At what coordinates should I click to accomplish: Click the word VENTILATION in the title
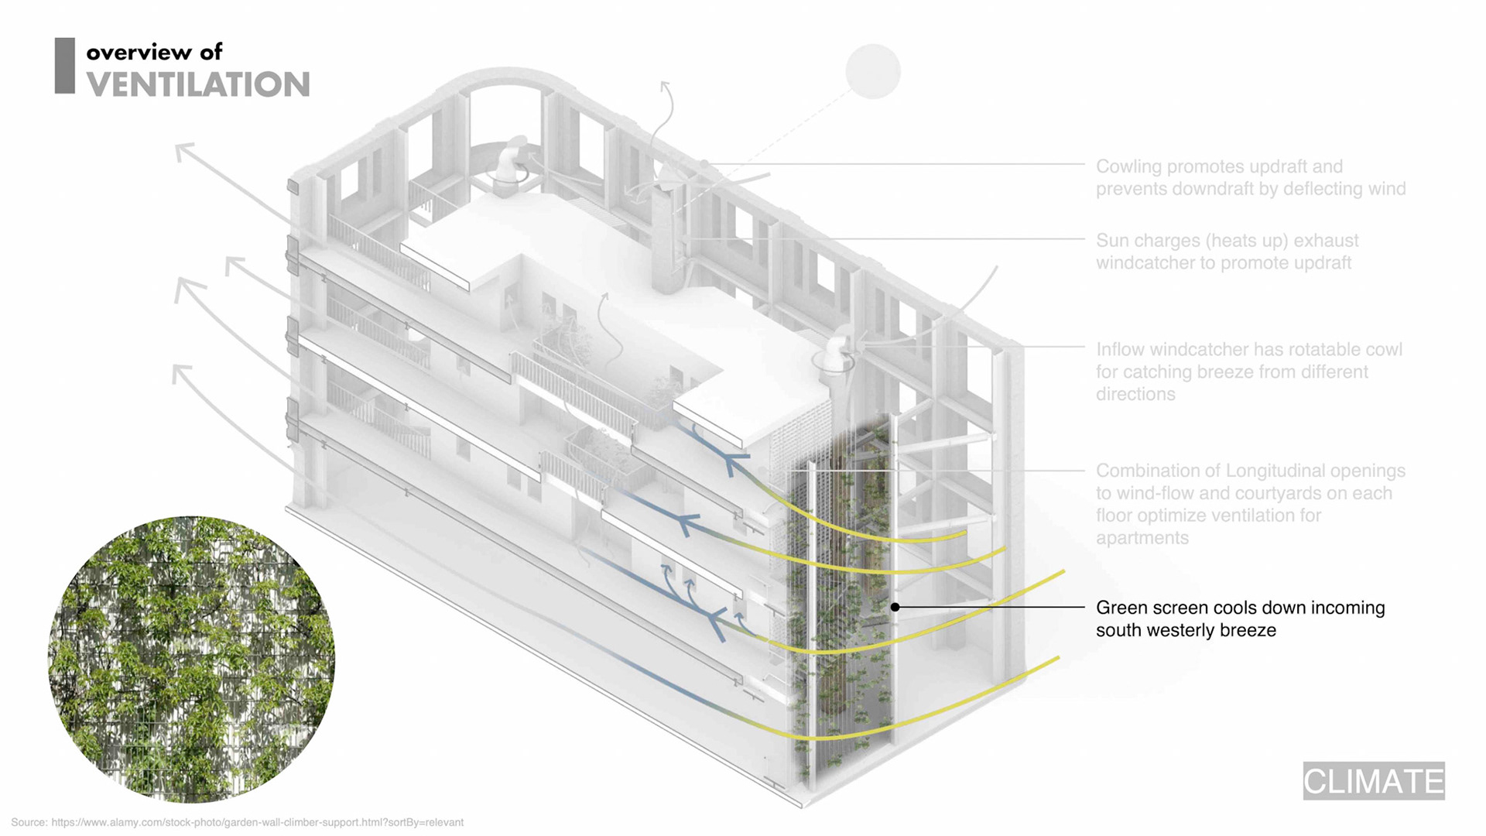(x=198, y=85)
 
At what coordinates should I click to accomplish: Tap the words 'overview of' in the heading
(x=154, y=52)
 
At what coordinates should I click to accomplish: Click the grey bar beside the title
(x=65, y=66)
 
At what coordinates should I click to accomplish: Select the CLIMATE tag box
(x=1374, y=780)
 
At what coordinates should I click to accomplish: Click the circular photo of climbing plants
(x=191, y=660)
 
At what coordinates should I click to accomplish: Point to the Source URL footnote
(x=237, y=822)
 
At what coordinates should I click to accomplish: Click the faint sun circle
(x=873, y=72)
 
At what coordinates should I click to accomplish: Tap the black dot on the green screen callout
(x=895, y=608)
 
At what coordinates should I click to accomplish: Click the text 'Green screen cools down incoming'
(x=1240, y=608)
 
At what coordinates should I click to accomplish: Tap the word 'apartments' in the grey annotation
(x=1142, y=538)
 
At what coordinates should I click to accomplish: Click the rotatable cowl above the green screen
(x=836, y=352)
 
